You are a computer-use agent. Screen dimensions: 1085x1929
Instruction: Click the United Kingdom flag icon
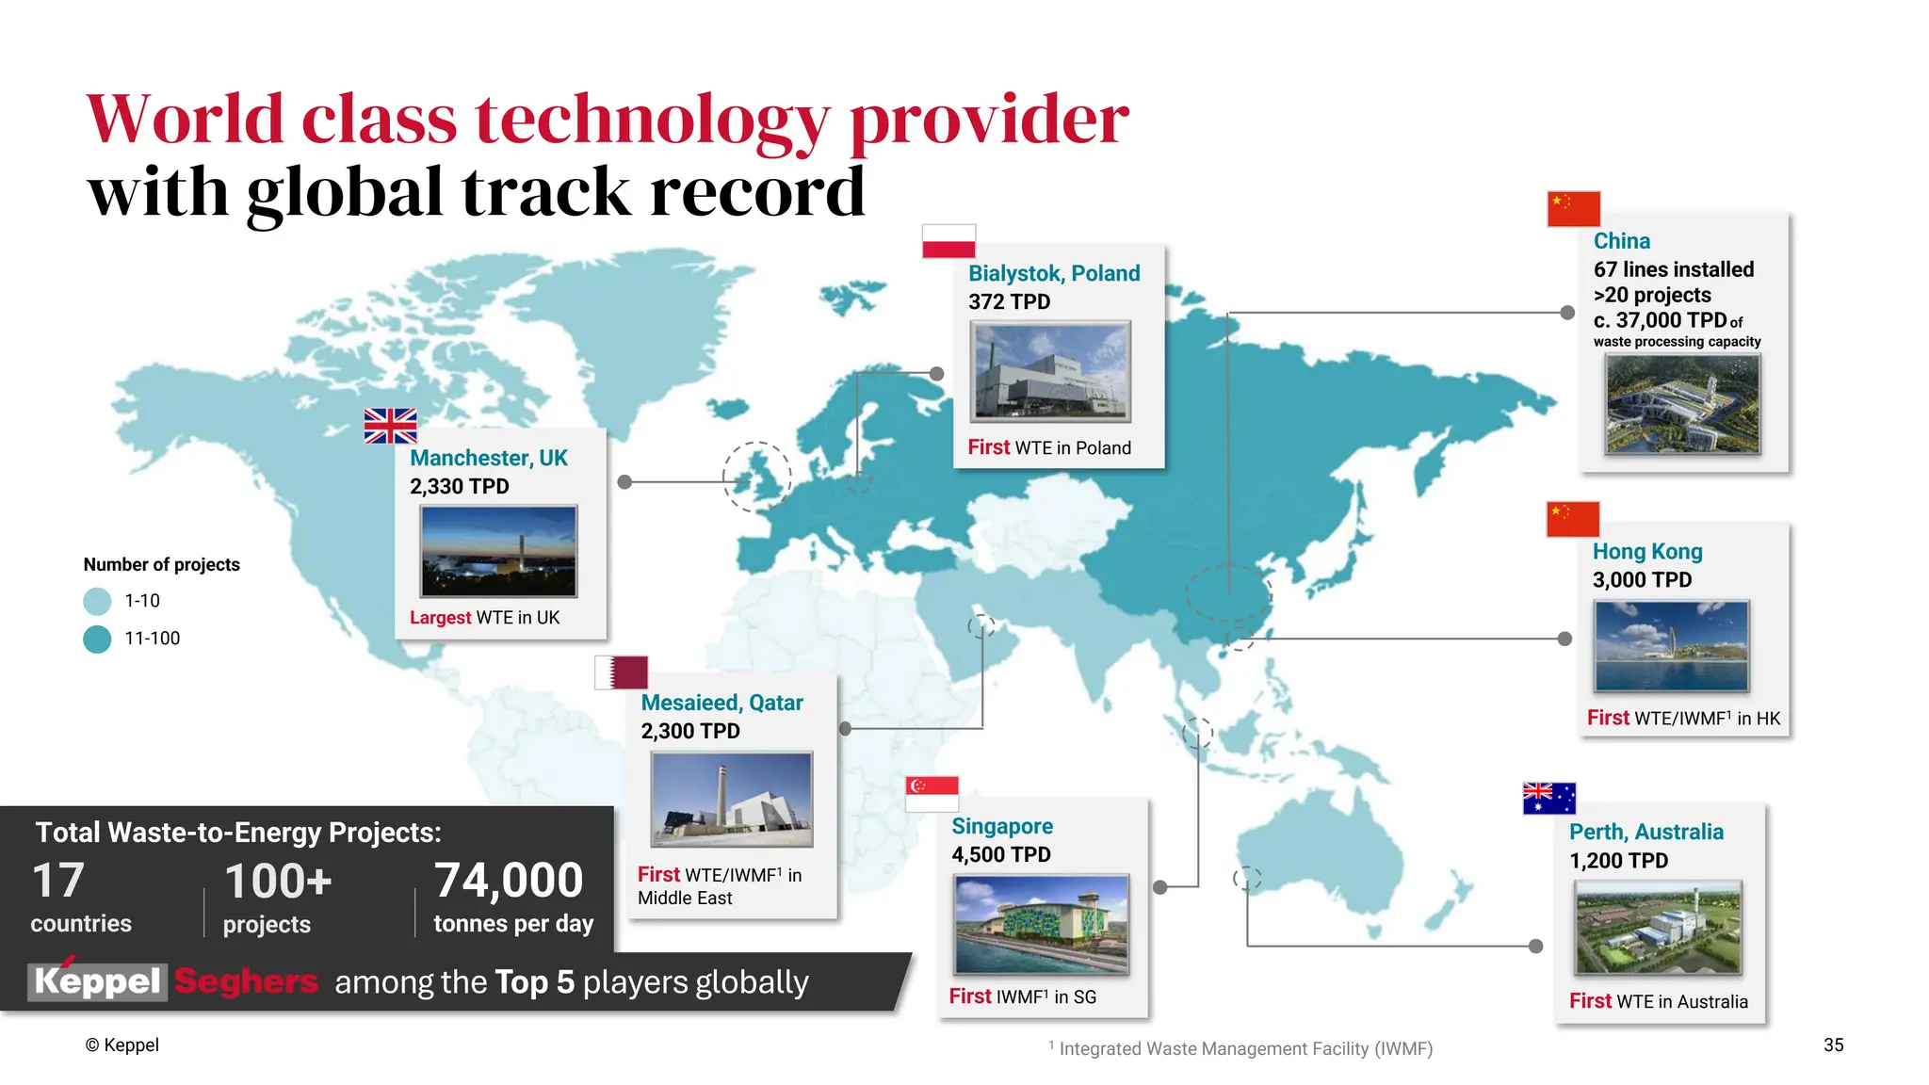(x=390, y=426)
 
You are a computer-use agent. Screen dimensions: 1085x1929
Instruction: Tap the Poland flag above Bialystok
(x=948, y=241)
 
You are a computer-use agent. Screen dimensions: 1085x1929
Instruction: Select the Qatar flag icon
(x=621, y=672)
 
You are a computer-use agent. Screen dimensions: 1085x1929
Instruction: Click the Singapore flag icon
(x=932, y=793)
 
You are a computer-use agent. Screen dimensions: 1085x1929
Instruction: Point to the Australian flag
(x=1548, y=799)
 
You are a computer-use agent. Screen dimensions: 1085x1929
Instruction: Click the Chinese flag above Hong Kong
(x=1572, y=519)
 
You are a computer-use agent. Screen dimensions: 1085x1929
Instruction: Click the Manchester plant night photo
(x=498, y=551)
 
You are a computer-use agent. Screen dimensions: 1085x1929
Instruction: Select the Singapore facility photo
(x=1041, y=924)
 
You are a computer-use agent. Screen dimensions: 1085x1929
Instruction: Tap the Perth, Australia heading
(x=1645, y=832)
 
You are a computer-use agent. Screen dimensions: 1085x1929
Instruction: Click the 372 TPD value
(x=1009, y=301)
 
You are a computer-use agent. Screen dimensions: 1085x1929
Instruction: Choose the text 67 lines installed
(x=1673, y=269)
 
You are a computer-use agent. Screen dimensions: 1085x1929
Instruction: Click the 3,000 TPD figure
(x=1642, y=579)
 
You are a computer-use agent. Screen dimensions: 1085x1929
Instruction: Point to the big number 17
(x=58, y=882)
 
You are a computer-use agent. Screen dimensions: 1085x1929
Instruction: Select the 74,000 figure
(x=509, y=882)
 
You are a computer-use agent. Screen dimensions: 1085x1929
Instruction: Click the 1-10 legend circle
(x=97, y=601)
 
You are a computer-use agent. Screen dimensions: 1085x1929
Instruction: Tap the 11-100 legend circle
(x=97, y=639)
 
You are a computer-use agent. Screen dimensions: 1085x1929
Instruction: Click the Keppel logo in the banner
(x=98, y=980)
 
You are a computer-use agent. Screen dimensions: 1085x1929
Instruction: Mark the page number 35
(x=1833, y=1045)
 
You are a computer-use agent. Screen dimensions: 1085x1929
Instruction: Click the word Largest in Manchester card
(x=440, y=618)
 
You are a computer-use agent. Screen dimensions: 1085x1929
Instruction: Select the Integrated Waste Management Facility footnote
(x=1243, y=1048)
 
